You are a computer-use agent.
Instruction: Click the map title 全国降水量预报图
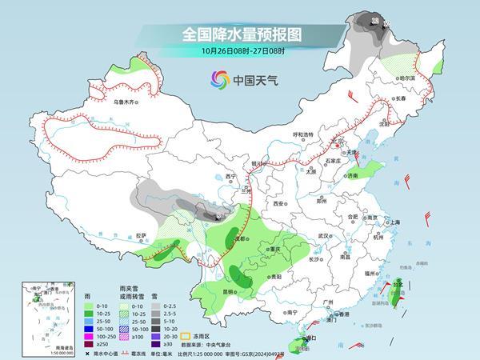[239, 35]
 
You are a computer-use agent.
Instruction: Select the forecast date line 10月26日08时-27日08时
[239, 51]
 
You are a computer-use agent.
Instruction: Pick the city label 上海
[393, 222]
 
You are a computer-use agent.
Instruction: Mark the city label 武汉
[323, 236]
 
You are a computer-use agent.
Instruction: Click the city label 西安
[278, 205]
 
